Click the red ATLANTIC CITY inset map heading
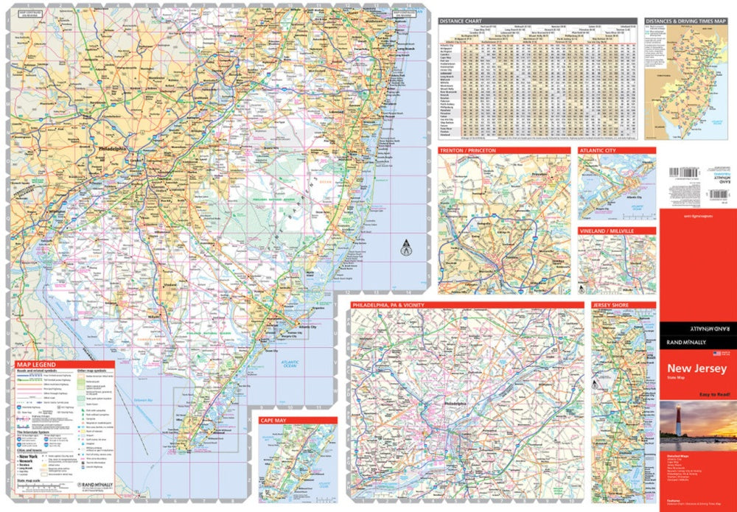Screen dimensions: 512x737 [598, 150]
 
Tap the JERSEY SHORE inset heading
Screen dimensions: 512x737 [609, 304]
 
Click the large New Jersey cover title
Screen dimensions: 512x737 [696, 369]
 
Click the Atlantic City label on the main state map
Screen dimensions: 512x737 [305, 326]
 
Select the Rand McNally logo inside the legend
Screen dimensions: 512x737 [93, 485]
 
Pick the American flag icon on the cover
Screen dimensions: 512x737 [705, 354]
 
